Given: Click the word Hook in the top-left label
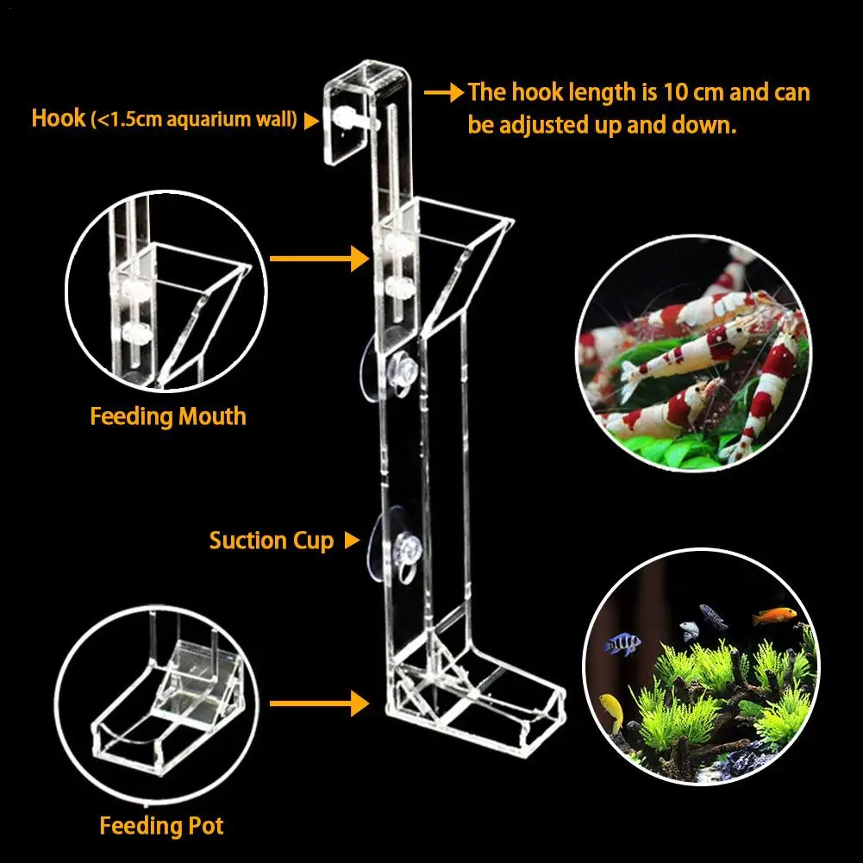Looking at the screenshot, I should point(59,117).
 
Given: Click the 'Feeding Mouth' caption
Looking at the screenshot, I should point(168,416).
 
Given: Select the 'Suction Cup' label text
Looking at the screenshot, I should point(271,541).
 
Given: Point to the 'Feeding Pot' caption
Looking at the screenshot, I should point(161,826).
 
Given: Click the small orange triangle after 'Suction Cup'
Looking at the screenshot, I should point(351,541).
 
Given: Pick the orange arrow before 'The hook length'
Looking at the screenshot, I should point(444,92).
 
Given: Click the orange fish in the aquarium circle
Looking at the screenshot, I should point(773,616).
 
